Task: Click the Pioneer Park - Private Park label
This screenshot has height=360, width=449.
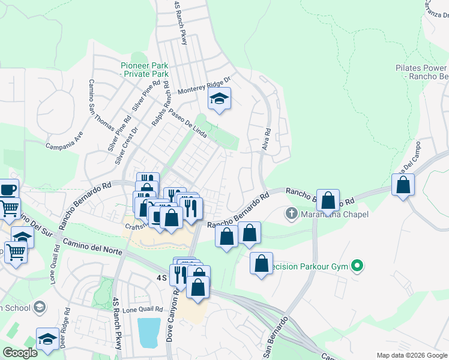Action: tap(144, 70)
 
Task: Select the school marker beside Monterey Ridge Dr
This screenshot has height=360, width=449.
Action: tap(220, 100)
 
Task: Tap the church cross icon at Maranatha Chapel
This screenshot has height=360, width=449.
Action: tap(291, 213)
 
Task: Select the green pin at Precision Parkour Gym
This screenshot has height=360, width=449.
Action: tap(358, 265)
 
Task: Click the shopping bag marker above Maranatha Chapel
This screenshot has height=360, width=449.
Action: tap(328, 200)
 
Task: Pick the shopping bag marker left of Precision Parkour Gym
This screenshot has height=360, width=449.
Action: tap(262, 263)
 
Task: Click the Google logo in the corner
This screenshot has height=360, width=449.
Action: tap(19, 353)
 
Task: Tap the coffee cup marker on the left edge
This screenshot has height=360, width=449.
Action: tap(8, 190)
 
